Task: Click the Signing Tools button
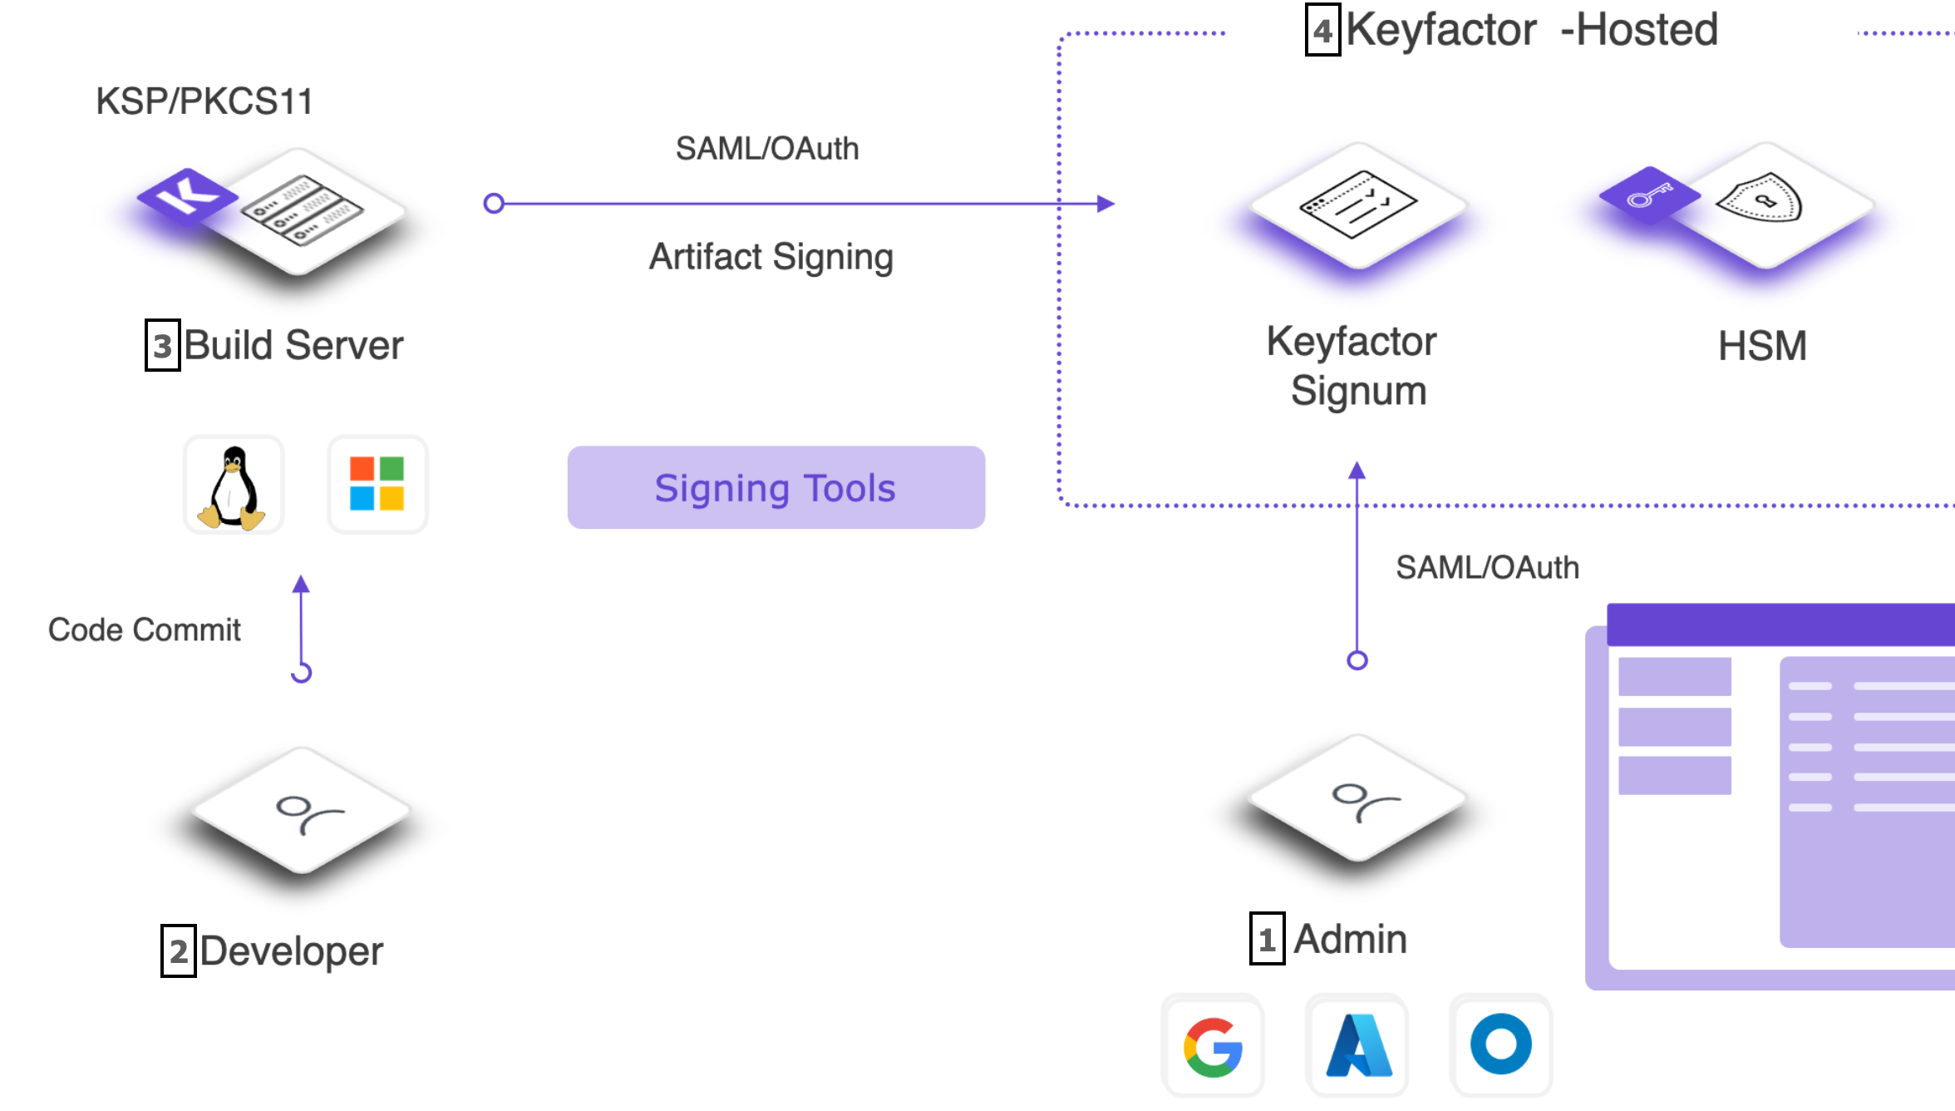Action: (776, 487)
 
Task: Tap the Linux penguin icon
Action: (233, 486)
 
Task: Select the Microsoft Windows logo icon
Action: (377, 483)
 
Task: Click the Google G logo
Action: (1213, 1046)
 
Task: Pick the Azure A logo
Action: (1357, 1046)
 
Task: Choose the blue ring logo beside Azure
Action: (1500, 1044)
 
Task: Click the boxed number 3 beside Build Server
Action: (163, 345)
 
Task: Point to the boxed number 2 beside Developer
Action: (179, 951)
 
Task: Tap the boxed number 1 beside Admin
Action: (1267, 939)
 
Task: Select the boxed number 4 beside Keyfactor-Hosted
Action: (1322, 31)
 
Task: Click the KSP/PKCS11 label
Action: (204, 101)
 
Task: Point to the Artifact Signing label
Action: (771, 257)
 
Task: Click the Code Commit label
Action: (145, 630)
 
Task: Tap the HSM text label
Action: (1762, 346)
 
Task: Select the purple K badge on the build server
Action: (188, 195)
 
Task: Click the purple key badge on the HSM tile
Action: (1649, 195)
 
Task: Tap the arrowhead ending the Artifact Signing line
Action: (1106, 204)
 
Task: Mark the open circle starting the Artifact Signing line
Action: (494, 204)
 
